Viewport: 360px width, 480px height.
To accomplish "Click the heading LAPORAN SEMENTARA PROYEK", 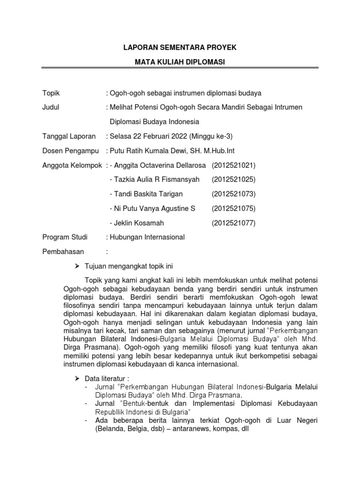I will pyautogui.click(x=180, y=48).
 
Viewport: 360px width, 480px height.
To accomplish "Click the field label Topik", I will pyautogui.click(x=51, y=93).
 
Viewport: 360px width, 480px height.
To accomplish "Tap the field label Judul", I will pyautogui.click(x=51, y=107).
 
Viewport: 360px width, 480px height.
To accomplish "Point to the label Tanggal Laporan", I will pyautogui.click(x=69, y=136).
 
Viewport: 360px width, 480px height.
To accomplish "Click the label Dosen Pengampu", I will pyautogui.click(x=69, y=151).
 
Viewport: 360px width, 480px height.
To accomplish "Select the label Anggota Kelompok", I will pyautogui.click(x=72, y=165).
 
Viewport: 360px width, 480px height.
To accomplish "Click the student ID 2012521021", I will pyautogui.click(x=233, y=165).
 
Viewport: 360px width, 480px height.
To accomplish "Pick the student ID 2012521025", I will pyautogui.click(x=233, y=180).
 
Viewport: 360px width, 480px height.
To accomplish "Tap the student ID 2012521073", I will pyautogui.click(x=233, y=194).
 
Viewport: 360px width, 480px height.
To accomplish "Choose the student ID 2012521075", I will pyautogui.click(x=233, y=208).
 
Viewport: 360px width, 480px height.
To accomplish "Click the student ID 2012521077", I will pyautogui.click(x=233, y=223).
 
